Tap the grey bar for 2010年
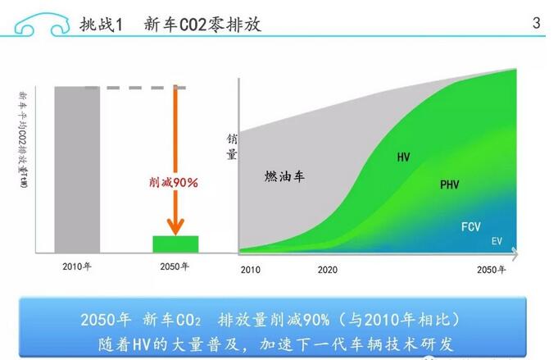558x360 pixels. point(76,167)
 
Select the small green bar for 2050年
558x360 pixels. point(175,243)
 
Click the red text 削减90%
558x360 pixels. point(173,182)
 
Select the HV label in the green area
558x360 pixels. point(403,157)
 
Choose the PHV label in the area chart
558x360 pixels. point(450,185)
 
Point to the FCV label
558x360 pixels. point(471,226)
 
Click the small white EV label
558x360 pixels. point(497,241)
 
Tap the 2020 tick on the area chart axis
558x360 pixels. point(328,269)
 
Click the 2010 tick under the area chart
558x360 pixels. point(250,269)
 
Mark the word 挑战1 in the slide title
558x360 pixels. point(101,25)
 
